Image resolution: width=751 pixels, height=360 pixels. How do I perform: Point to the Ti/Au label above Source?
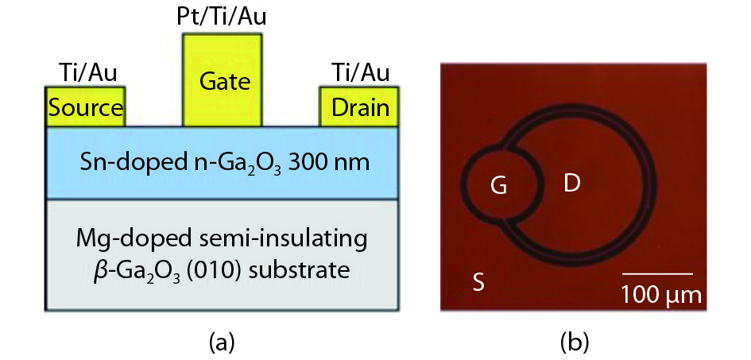coord(87,74)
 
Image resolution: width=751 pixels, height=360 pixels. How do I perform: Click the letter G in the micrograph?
coord(498,187)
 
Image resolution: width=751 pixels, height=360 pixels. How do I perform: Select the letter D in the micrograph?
coord(571,184)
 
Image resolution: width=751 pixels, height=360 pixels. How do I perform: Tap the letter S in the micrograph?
coord(478,281)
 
